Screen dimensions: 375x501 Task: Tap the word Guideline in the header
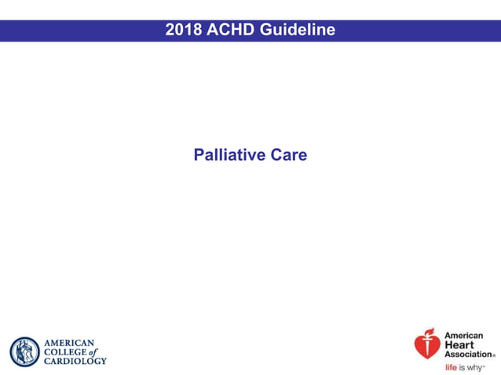click(299, 31)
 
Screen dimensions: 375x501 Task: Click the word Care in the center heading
click(289, 155)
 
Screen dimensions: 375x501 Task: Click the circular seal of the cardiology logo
click(24, 351)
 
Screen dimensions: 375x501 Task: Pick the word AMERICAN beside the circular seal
click(69, 343)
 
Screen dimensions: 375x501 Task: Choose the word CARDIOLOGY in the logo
click(75, 361)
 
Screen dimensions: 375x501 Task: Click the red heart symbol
click(427, 344)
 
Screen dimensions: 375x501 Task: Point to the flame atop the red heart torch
click(427, 331)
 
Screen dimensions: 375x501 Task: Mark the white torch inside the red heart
click(427, 346)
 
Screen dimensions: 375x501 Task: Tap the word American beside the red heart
click(464, 336)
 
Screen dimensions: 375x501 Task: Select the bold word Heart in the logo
click(459, 345)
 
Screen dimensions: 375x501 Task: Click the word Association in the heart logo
click(469, 355)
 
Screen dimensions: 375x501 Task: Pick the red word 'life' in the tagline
click(451, 367)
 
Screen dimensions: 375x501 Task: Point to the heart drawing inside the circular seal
click(24, 351)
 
